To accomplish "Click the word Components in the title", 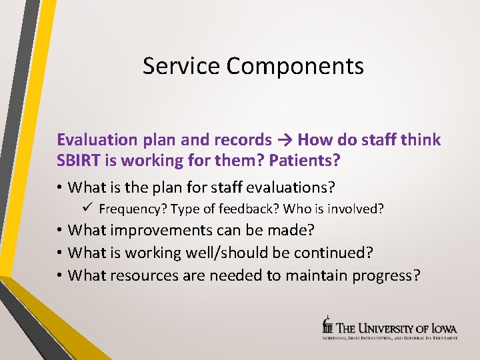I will [295, 67].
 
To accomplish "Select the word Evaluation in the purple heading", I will [97, 139].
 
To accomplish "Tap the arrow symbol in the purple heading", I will [285, 140].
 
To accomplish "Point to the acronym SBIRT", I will [79, 161].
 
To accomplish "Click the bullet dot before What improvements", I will [60, 231].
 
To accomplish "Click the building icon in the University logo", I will [327, 325].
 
